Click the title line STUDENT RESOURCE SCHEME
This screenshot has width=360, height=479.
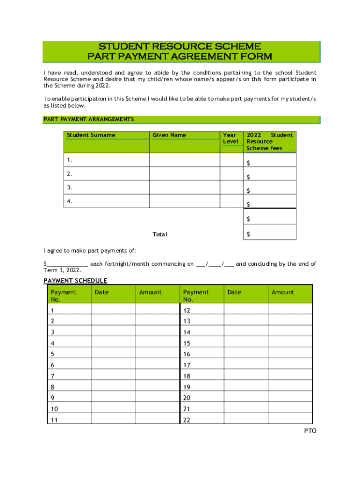coord(180,46)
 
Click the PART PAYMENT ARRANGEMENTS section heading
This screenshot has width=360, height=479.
coord(89,119)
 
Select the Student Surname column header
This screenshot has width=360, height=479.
coord(91,135)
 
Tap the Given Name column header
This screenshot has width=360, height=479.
coord(169,135)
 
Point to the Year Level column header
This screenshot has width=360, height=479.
coord(230,138)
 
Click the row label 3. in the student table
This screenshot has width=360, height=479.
coord(69,188)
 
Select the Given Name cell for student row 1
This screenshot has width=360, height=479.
coord(184,160)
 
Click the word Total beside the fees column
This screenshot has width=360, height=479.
coord(159,234)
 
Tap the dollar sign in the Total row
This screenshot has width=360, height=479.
coord(248,234)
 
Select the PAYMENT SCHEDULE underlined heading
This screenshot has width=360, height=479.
coord(75,281)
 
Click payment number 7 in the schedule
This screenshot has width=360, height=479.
coord(52,376)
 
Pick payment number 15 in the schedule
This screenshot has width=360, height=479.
coord(187,343)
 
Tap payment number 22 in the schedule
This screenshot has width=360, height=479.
coord(187,420)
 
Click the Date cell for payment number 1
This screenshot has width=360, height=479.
coord(114,310)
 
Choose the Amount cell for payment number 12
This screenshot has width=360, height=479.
coord(290,310)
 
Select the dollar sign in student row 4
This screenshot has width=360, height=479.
coord(248,204)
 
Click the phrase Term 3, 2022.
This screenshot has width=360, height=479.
coord(62,270)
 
